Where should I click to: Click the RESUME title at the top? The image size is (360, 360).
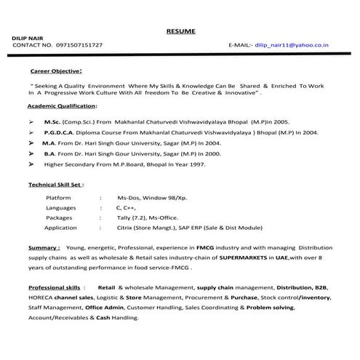point(180,31)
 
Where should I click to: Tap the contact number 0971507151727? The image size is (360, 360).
point(80,46)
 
